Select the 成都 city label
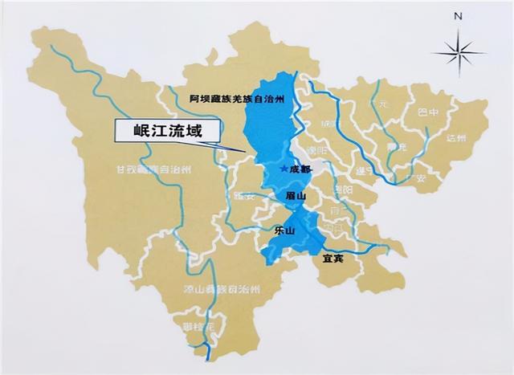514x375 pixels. click(298, 169)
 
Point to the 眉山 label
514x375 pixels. click(296, 195)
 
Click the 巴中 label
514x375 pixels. click(428, 112)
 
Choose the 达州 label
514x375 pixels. click(455, 137)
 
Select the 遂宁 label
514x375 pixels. click(362, 171)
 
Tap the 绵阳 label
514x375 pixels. click(328, 124)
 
